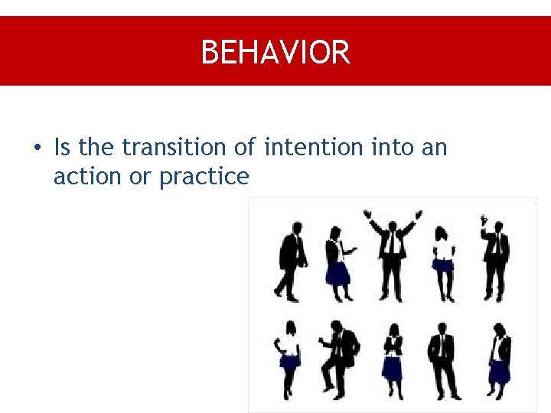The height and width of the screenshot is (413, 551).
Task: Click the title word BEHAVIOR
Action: point(275,53)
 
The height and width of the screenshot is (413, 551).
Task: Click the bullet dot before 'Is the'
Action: point(36,147)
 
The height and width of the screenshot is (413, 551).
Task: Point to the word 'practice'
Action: point(204,177)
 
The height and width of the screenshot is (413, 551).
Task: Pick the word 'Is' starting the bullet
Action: point(62,146)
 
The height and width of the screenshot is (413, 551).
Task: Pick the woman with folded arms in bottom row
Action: point(393,359)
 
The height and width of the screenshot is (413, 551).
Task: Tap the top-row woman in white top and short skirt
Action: point(442,260)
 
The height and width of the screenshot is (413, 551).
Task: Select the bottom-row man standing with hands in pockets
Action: point(442,359)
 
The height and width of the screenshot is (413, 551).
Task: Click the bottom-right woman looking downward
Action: point(499,359)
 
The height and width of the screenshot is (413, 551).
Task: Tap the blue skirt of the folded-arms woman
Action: point(393,369)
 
